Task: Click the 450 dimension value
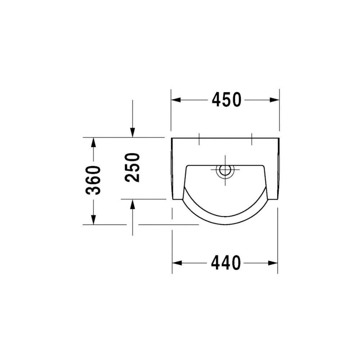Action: (x=226, y=100)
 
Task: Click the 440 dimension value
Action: (x=226, y=263)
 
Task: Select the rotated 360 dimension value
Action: (x=93, y=180)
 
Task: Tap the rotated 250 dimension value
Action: (x=132, y=168)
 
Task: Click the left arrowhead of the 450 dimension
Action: (x=176, y=100)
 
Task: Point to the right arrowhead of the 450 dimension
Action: (x=274, y=100)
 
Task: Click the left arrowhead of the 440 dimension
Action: (x=177, y=263)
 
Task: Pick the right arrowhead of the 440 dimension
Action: (x=273, y=263)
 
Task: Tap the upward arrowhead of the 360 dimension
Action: (x=93, y=142)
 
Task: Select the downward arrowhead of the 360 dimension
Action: (x=93, y=220)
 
